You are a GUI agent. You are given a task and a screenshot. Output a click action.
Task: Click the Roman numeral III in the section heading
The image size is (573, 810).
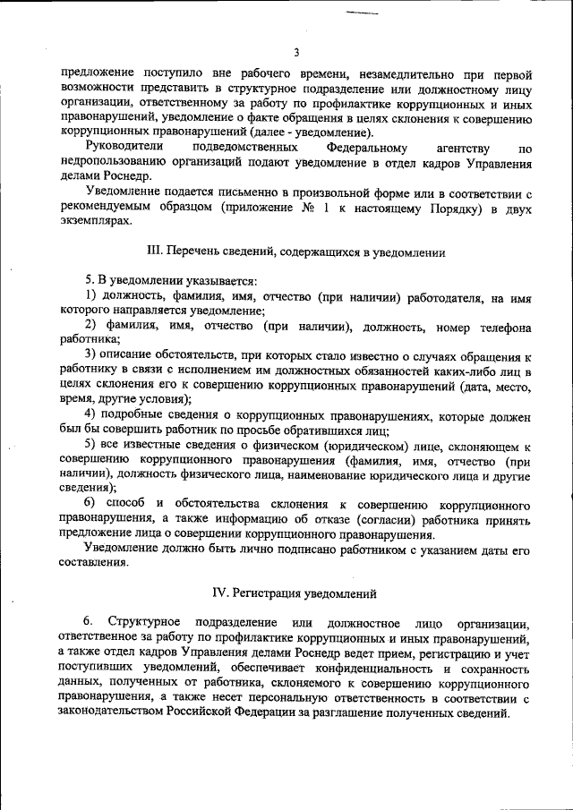152,253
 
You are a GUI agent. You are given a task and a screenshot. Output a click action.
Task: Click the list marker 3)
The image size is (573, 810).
91,355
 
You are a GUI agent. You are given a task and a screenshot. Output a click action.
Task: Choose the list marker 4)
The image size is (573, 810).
91,414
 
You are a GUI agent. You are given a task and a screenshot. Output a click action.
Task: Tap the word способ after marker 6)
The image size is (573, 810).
128,505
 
